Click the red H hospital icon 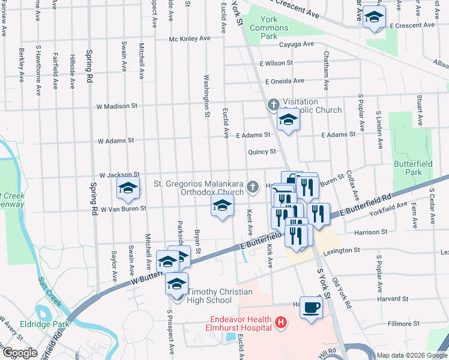click(x=279, y=324)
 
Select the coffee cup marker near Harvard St click(x=311, y=307)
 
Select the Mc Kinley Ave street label click(x=189, y=38)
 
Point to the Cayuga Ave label click(x=296, y=44)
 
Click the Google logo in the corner click(x=19, y=353)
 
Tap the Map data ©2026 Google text click(x=412, y=355)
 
